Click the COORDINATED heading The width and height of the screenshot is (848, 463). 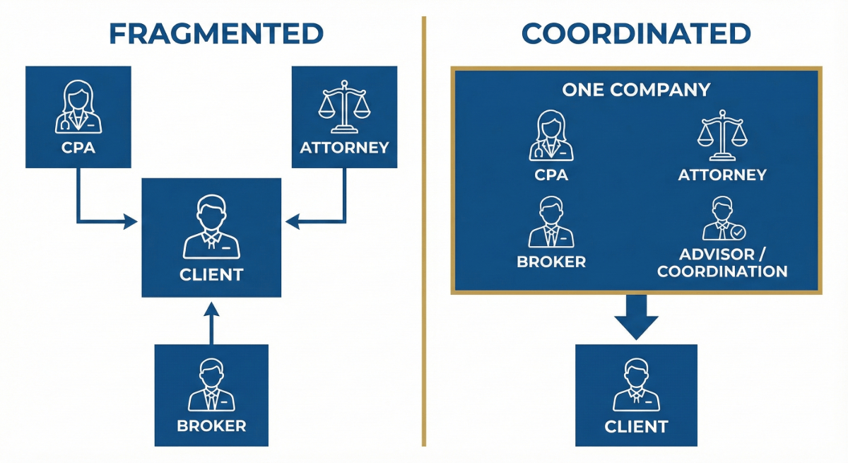[x=635, y=33]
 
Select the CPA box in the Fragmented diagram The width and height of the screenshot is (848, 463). [x=78, y=117]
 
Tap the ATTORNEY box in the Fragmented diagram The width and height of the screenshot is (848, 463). [x=344, y=117]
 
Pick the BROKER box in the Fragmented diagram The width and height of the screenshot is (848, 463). [x=211, y=394]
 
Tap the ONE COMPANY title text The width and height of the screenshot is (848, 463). [x=635, y=90]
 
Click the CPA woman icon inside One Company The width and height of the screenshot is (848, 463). [x=551, y=136]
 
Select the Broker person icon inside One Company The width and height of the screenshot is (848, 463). [x=551, y=223]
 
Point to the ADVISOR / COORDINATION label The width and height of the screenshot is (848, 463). [x=722, y=263]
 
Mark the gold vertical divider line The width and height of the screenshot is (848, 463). [x=424, y=233]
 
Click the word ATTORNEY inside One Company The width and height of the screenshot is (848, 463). [x=722, y=175]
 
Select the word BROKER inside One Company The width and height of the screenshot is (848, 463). [x=551, y=262]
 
